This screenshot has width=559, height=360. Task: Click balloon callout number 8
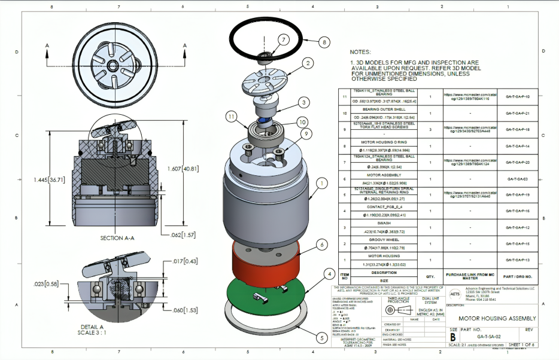(324, 42)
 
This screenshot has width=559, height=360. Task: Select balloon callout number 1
(321, 183)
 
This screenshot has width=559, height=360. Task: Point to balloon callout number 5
(321, 338)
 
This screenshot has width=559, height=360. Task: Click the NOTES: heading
(361, 53)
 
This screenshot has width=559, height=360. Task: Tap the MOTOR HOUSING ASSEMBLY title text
(497, 319)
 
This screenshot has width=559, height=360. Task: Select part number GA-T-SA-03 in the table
(517, 179)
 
